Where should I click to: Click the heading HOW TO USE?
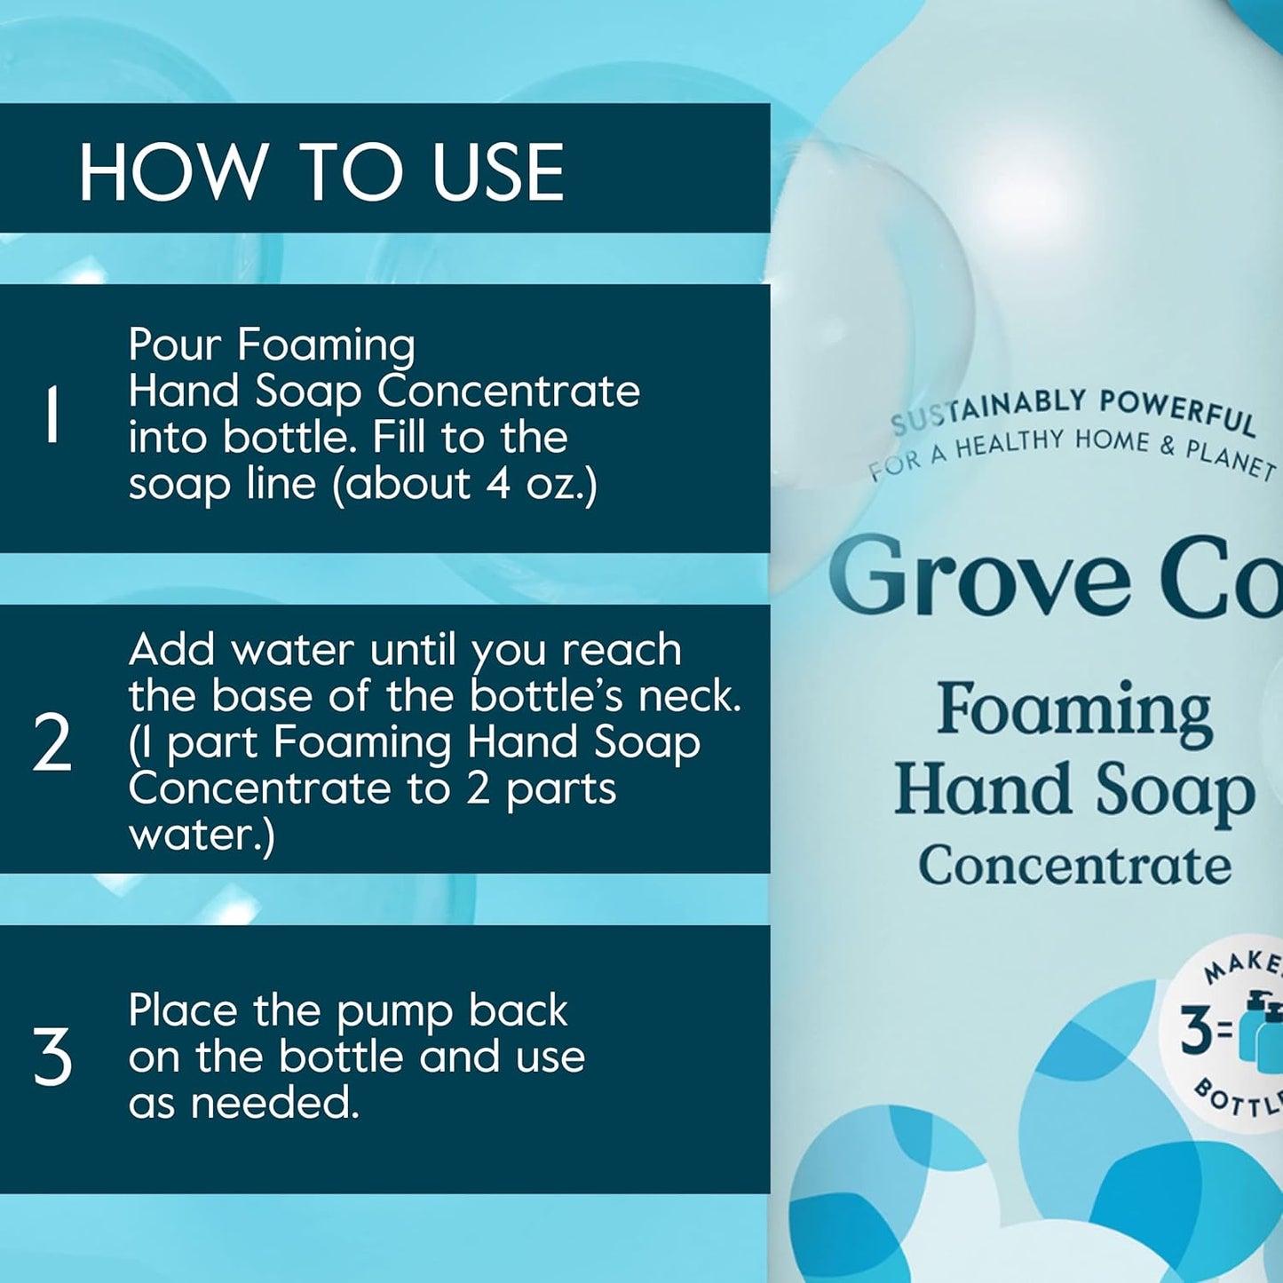click(x=321, y=171)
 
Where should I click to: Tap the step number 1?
click(x=51, y=414)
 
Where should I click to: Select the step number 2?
click(x=51, y=743)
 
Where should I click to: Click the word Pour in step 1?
click(x=175, y=344)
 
